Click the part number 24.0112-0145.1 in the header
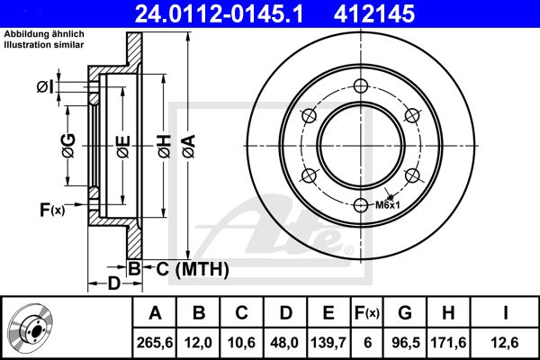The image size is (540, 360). coord(219,13)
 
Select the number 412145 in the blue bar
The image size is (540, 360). coord(374,13)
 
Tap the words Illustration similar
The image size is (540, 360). coord(44,45)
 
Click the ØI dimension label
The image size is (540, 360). coord(45,86)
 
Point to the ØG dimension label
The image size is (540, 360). coord(68,146)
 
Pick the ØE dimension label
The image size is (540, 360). coord(123,147)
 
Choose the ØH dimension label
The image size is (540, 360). coord(165,147)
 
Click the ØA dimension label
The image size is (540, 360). coord(189,147)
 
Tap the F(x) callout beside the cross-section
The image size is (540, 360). coord(52,210)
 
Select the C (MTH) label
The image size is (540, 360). coord(193,269)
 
